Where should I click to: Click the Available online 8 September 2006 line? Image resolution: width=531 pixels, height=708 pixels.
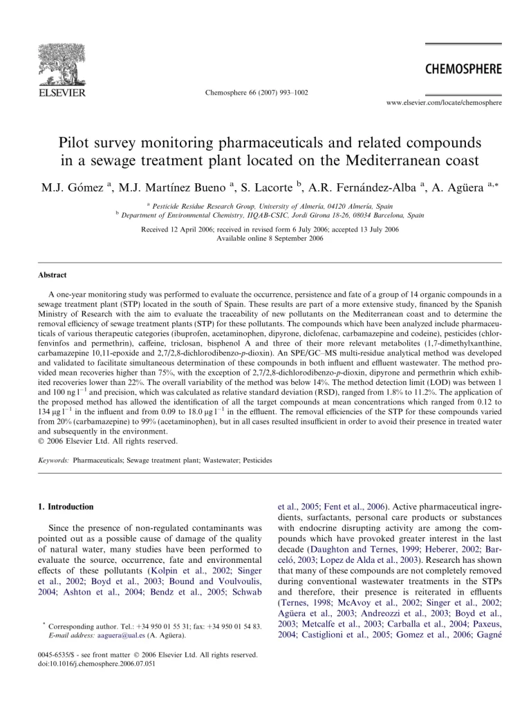[265, 238]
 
